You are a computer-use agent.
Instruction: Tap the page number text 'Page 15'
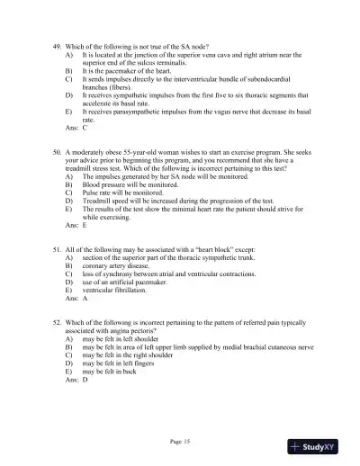tap(180, 440)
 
